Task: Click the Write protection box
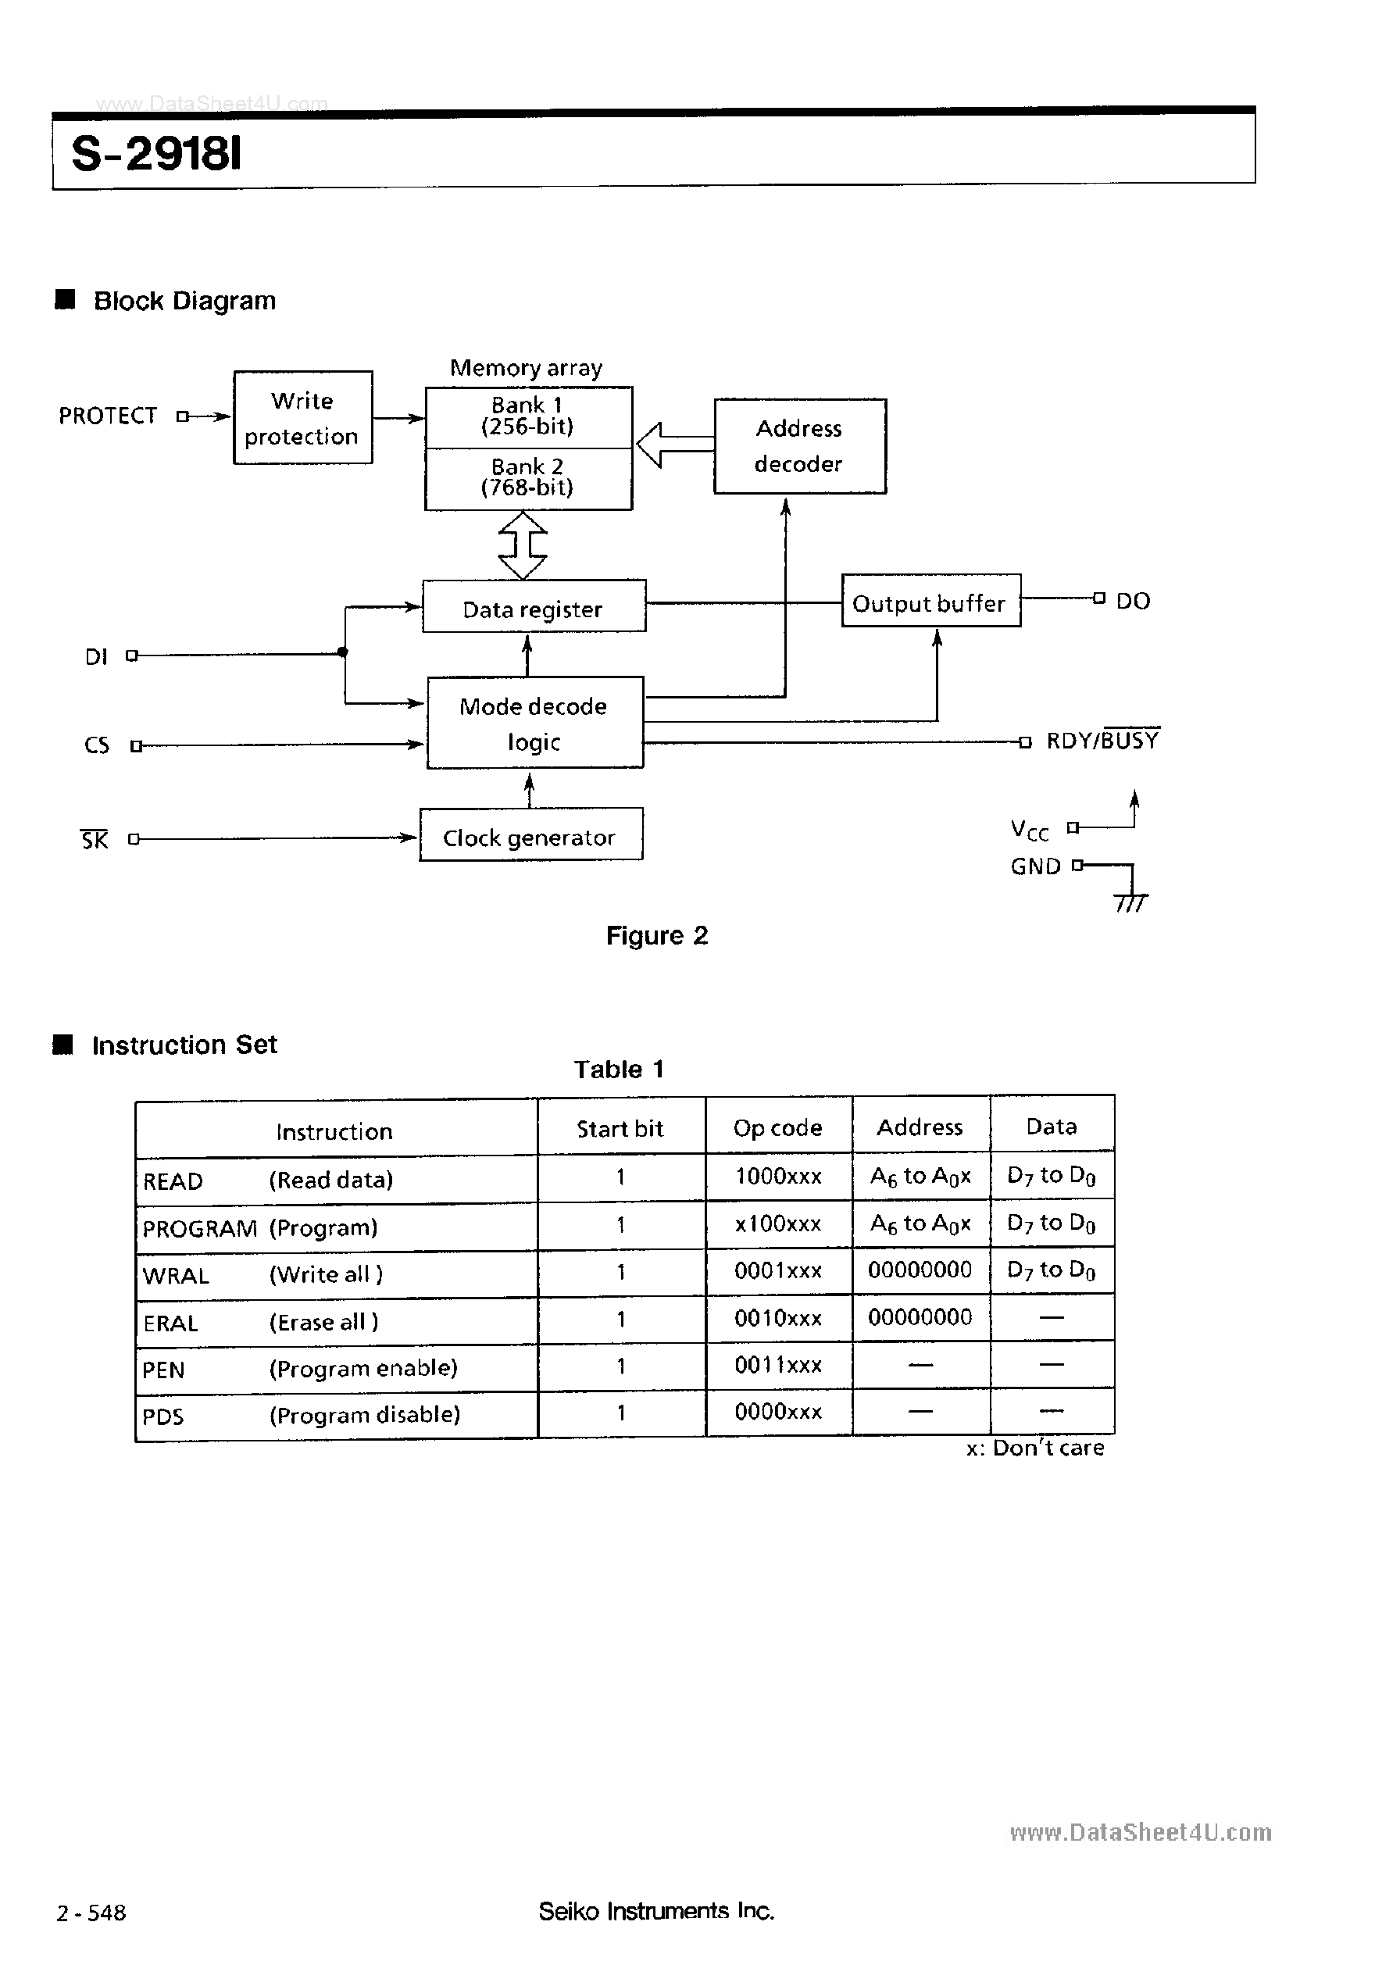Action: click(x=302, y=418)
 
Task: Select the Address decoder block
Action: click(x=799, y=445)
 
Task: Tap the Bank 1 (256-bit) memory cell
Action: click(x=527, y=416)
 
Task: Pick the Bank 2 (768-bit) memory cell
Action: click(x=527, y=478)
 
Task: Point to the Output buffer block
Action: click(x=930, y=601)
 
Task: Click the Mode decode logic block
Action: click(x=534, y=722)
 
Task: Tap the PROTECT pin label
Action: click(x=108, y=416)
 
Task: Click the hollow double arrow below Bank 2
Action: click(x=523, y=545)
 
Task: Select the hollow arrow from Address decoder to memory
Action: click(x=674, y=444)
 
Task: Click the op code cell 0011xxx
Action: click(x=778, y=1365)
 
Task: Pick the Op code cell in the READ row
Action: click(x=778, y=1177)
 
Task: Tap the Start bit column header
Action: click(x=620, y=1129)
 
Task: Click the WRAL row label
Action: click(x=176, y=1275)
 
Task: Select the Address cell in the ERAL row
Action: click(x=920, y=1317)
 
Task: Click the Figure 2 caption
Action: click(x=656, y=936)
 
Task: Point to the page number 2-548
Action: click(x=91, y=1913)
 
